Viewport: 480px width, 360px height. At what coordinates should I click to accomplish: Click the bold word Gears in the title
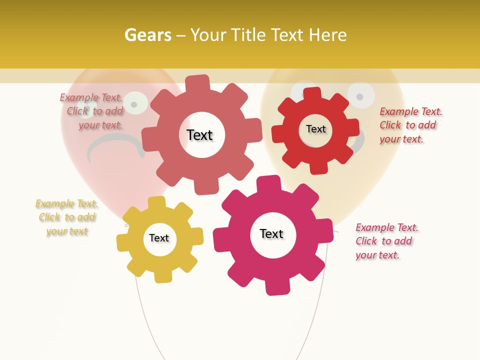[148, 35]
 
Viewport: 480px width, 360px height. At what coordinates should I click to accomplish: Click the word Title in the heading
[248, 35]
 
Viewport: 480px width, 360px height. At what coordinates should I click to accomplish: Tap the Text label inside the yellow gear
[159, 238]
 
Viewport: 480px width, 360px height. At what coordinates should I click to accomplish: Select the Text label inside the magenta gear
[271, 234]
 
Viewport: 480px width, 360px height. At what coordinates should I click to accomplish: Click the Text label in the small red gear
[315, 129]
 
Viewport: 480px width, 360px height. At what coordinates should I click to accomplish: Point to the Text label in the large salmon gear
[199, 135]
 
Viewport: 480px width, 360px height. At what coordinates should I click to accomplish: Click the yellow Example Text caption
[67, 217]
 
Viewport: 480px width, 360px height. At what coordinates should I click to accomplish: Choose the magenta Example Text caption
[386, 241]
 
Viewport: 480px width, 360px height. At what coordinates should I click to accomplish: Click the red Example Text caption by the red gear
[410, 125]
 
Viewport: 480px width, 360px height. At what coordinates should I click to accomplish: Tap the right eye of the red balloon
[133, 103]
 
